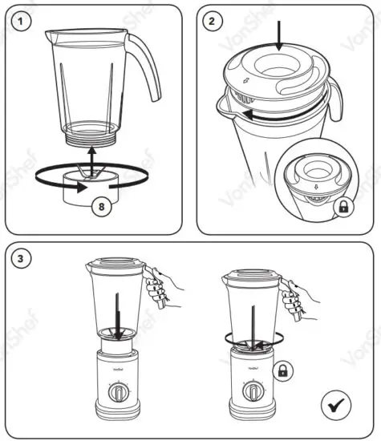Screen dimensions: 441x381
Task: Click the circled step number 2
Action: pyautogui.click(x=213, y=22)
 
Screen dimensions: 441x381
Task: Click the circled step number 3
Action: pyautogui.click(x=23, y=258)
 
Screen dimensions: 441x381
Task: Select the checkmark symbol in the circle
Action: pyautogui.click(x=336, y=403)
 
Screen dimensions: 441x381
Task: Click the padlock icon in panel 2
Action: pyautogui.click(x=342, y=208)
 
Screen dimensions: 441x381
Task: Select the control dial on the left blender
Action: pyautogui.click(x=116, y=394)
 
